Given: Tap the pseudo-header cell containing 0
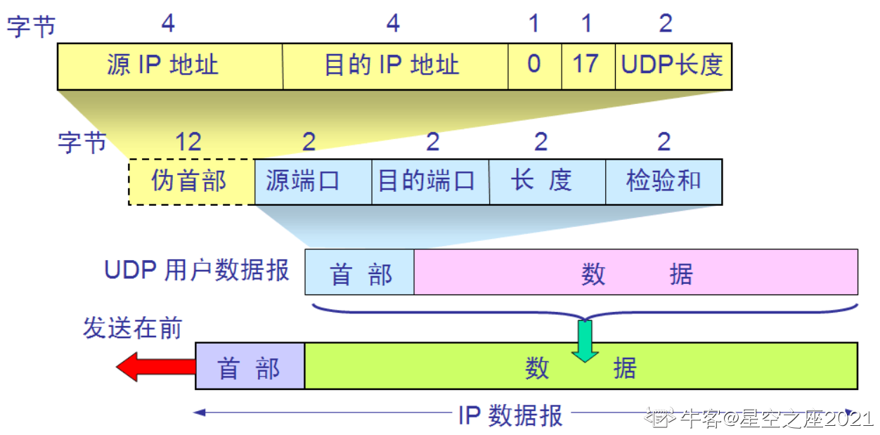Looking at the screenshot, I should click(x=534, y=66).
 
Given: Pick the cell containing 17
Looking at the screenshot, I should click(x=588, y=66).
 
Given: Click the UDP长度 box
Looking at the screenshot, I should click(x=673, y=66).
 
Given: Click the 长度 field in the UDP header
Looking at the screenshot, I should click(x=547, y=181).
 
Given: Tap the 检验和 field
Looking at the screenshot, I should click(x=664, y=181).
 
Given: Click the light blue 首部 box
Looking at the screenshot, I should click(x=359, y=272).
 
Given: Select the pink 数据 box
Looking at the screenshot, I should click(x=635, y=272).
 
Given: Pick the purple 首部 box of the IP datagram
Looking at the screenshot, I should click(x=250, y=366).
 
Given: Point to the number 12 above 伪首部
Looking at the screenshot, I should click(x=188, y=143).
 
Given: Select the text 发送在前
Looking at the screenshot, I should click(x=132, y=328).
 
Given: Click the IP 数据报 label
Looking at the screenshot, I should click(x=510, y=415).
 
